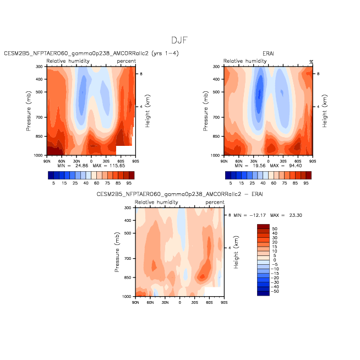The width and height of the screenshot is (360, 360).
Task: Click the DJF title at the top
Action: (179, 40)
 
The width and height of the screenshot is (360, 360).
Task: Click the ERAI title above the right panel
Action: (268, 53)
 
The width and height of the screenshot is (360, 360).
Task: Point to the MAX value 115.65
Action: (117, 166)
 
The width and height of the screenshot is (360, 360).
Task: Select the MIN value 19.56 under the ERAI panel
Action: (259, 166)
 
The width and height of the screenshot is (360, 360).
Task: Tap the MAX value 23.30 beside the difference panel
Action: (296, 215)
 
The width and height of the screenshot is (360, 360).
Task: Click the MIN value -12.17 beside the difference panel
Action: (258, 215)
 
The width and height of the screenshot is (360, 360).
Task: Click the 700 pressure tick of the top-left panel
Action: (39, 117)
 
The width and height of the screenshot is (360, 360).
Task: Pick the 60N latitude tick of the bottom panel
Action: (150, 303)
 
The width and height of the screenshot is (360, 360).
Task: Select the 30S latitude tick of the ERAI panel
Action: (283, 161)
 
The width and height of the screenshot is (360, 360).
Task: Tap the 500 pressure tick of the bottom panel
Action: (128, 233)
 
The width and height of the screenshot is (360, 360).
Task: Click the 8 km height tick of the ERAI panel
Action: (318, 74)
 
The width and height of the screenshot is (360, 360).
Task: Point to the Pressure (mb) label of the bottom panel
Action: (117, 252)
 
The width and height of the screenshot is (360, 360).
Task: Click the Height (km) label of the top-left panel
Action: (148, 111)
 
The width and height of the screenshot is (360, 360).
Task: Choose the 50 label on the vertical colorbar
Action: (275, 229)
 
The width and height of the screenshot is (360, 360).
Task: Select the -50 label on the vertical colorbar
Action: (275, 291)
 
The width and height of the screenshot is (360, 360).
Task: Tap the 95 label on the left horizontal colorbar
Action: (129, 183)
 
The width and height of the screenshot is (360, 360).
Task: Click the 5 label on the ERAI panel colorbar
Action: (231, 183)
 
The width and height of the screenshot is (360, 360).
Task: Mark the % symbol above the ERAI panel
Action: (311, 62)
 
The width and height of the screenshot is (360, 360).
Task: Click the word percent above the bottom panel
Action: (215, 203)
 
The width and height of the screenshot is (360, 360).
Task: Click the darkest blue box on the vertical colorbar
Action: (263, 293)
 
